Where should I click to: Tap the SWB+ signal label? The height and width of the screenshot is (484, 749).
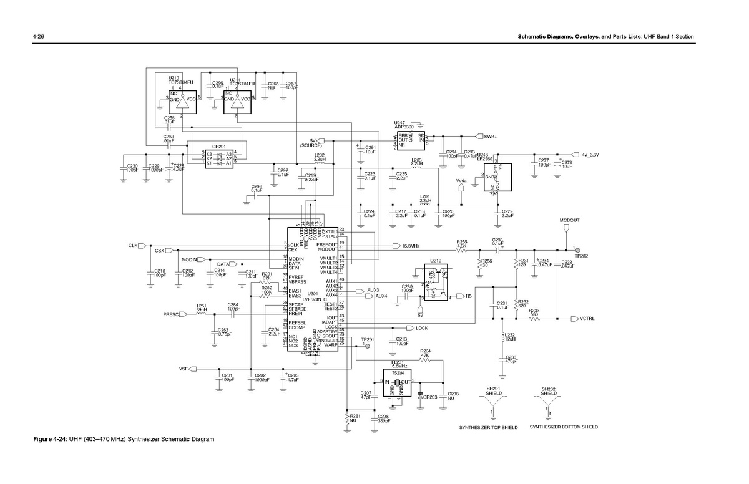tap(490, 136)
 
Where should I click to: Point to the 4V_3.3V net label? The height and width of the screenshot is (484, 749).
tap(590, 155)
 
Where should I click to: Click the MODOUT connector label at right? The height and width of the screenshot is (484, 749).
tap(569, 221)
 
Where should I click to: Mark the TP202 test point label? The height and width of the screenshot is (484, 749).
tap(582, 256)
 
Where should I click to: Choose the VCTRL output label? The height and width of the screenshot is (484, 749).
tap(586, 319)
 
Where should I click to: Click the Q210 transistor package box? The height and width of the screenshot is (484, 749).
tap(436, 282)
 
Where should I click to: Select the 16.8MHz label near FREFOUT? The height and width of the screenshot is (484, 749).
tap(410, 246)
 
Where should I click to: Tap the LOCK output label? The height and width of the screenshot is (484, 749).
tap(422, 327)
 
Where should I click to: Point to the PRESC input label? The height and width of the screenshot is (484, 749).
tap(170, 314)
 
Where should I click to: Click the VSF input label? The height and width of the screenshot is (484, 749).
tap(184, 369)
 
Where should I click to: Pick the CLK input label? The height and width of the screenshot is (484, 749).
tap(132, 246)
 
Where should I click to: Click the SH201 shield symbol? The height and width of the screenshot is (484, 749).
tap(493, 406)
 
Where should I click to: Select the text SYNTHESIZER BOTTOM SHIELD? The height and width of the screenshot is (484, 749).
tap(563, 427)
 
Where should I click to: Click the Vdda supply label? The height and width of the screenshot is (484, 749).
tap(461, 181)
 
